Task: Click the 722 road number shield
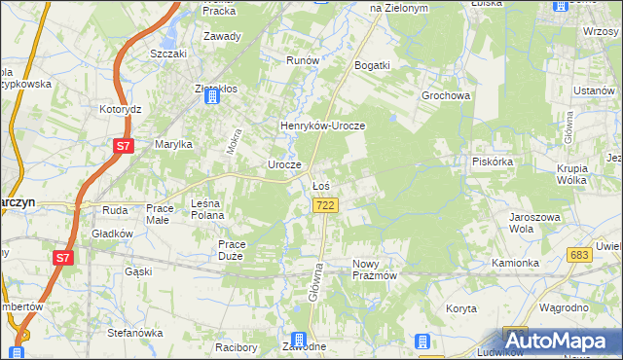point(326,205)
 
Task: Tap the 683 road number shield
point(580,254)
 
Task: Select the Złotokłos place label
point(215,89)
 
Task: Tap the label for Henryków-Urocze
point(322,126)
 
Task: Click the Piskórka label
point(492,162)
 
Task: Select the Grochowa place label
point(446,96)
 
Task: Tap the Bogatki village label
point(373,65)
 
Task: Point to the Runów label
point(303,60)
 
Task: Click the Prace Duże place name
point(237,250)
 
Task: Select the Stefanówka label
point(134,333)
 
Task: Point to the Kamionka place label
point(515,264)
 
